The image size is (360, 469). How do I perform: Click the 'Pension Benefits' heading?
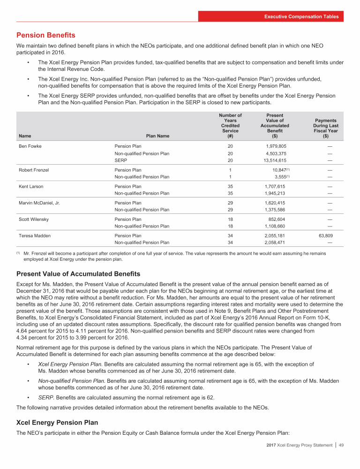click(45, 35)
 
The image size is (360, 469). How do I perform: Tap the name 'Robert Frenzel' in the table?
click(34, 170)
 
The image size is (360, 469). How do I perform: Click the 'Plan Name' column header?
click(158, 136)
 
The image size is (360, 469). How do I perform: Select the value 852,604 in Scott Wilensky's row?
click(276, 219)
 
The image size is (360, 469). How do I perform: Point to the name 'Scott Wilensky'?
click(34, 219)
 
